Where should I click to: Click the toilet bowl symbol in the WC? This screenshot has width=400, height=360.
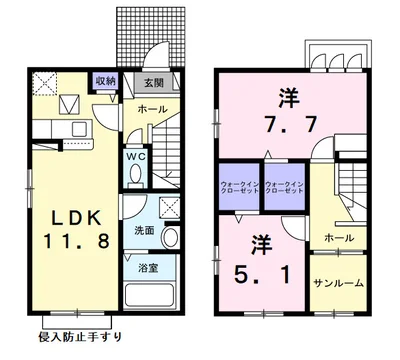point(137,174)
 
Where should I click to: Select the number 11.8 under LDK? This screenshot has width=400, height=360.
point(62,243)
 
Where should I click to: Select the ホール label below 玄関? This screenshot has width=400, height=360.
point(151,106)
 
